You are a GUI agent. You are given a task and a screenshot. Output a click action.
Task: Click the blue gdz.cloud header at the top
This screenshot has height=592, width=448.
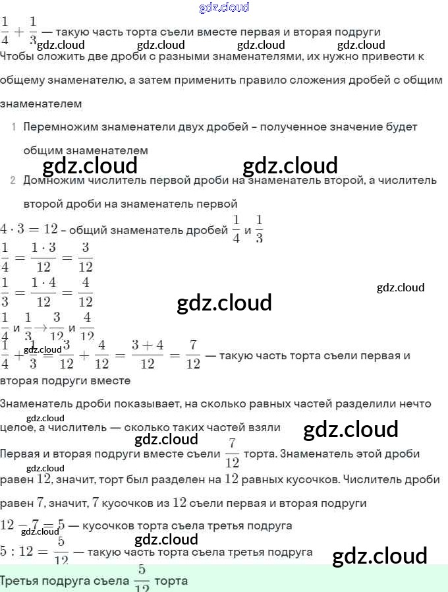[224, 7]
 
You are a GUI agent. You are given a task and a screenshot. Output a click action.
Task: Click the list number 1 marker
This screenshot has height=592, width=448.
[13, 127]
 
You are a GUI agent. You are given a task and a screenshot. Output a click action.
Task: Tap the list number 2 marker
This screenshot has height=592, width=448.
[13, 180]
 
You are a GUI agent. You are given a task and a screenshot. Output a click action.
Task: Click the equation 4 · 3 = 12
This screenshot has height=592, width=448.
[30, 229]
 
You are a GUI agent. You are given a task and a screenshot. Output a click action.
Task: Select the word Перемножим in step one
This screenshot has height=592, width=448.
[56, 127]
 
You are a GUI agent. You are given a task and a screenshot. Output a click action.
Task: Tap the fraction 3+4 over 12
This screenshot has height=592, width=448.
[148, 355]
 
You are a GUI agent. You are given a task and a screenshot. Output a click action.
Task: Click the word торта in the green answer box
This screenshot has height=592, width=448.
[171, 581]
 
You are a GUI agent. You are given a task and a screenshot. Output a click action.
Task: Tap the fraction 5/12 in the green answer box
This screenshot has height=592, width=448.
[142, 579]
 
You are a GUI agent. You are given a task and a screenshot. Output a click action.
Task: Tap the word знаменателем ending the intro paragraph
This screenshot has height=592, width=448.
[41, 104]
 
